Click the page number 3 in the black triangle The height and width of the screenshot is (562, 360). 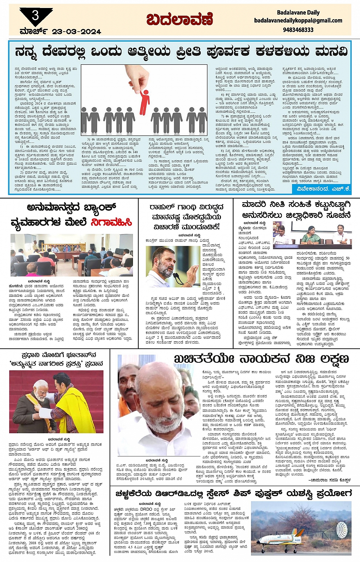(35, 15)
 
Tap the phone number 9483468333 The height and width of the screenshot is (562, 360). (298, 30)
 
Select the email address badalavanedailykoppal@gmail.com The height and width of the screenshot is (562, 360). (298, 21)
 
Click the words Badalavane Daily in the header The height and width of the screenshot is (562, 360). (298, 13)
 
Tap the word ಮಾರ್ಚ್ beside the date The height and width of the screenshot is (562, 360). (34, 32)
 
